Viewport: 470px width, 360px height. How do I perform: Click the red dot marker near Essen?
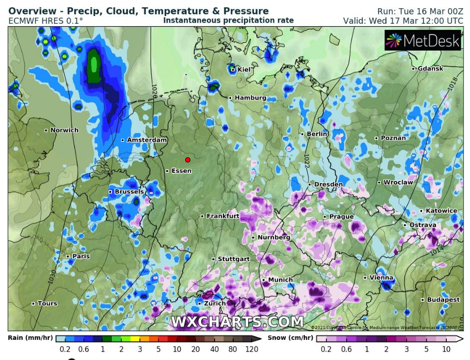[188, 160]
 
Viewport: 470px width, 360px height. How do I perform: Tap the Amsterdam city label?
[147, 140]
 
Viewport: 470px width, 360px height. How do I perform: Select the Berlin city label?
[317, 134]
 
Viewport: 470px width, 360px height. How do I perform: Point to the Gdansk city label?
[430, 69]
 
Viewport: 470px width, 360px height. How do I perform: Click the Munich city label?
[280, 280]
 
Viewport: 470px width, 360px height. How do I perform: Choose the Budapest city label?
[443, 300]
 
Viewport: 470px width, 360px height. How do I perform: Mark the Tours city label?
[47, 304]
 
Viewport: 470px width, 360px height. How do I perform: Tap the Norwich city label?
[64, 130]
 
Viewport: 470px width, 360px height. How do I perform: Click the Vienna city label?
[381, 278]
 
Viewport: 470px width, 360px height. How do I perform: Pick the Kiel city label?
[244, 70]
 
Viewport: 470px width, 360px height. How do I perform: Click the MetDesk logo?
[423, 41]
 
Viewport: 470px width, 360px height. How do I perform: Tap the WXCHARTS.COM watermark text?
[237, 322]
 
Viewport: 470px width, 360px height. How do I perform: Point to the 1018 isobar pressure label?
[453, 83]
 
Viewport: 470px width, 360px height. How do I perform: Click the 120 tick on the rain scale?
[251, 349]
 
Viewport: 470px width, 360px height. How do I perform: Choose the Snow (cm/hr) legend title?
[290, 338]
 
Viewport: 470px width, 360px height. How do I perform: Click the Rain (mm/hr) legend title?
[31, 338]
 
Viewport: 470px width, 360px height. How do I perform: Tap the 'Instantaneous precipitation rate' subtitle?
[228, 21]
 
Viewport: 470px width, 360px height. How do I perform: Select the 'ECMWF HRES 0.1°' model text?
[45, 21]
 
